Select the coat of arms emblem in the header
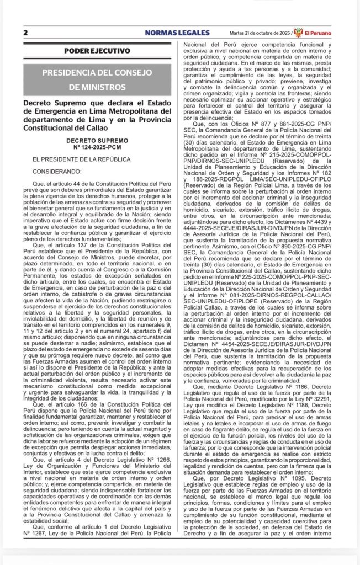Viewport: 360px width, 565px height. [298, 31]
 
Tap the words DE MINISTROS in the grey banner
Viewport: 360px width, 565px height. [97, 87]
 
